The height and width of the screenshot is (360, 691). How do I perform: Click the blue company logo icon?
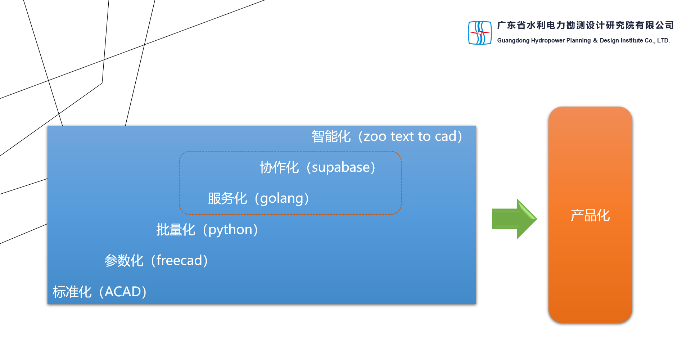(480, 33)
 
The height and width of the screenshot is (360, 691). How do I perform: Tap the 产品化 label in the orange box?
(590, 216)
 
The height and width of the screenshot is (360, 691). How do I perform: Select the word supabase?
(341, 167)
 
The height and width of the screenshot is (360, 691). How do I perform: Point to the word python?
(230, 230)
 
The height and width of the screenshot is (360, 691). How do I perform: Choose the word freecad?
(179, 261)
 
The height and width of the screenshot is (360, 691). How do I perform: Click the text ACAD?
(123, 292)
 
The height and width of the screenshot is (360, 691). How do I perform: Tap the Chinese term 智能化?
(331, 136)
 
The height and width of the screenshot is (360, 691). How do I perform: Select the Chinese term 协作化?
(279, 167)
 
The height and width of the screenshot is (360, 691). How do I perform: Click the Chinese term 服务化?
(227, 198)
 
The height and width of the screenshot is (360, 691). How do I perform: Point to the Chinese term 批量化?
(176, 230)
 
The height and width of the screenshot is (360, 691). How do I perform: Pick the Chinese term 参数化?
(124, 261)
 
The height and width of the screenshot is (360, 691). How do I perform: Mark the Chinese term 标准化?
(72, 292)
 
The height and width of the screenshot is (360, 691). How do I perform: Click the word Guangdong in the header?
(513, 41)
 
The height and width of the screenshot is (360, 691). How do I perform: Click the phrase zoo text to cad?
(410, 136)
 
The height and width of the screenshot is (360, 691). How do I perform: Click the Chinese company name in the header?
(585, 25)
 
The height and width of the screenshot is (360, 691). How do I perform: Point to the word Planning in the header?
(578, 41)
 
